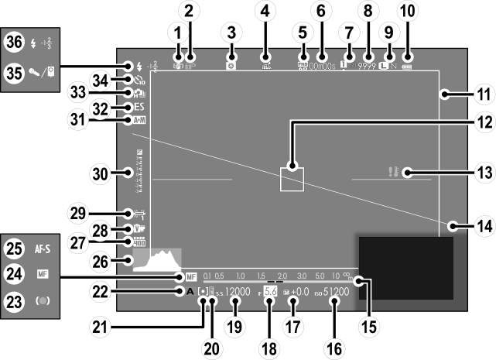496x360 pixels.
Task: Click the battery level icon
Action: pos(407,57)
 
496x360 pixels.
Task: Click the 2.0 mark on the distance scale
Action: pos(282,276)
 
